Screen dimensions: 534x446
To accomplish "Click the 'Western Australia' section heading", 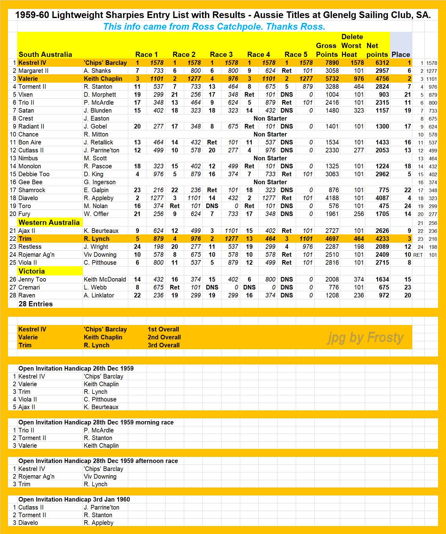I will (x=49, y=222).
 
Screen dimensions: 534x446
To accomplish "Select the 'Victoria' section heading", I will (x=32, y=271).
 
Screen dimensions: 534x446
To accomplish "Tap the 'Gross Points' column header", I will (x=327, y=50).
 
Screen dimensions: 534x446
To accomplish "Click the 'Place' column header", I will (x=401, y=54).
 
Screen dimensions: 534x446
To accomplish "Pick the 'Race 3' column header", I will (x=221, y=54).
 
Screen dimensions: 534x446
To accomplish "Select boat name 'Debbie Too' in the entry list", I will (x=34, y=174).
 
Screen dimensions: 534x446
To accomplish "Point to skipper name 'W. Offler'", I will (x=96, y=214).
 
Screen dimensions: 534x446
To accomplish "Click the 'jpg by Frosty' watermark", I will (x=366, y=337).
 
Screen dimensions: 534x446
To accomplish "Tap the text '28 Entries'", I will (x=35, y=304).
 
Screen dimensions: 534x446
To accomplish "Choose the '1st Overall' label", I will (x=163, y=329).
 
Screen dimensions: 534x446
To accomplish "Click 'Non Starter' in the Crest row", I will (x=270, y=118).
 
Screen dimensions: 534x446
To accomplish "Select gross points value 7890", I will (x=332, y=63).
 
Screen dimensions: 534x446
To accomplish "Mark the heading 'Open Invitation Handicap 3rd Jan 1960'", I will (x=74, y=499).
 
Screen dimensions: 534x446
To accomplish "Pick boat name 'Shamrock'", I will (x=32, y=190).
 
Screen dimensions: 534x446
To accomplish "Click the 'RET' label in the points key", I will (x=418, y=255).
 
